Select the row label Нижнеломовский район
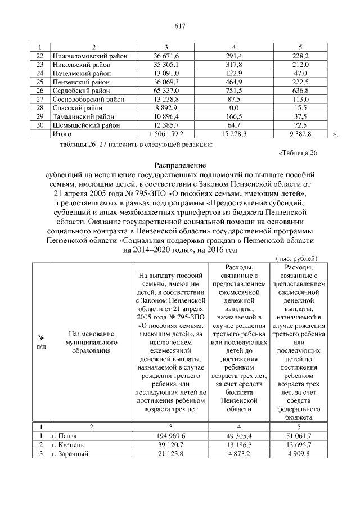pyautogui.click(x=89, y=56)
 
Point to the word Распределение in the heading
pyautogui.click(x=180, y=166)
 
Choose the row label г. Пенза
pyautogui.click(x=65, y=436)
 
